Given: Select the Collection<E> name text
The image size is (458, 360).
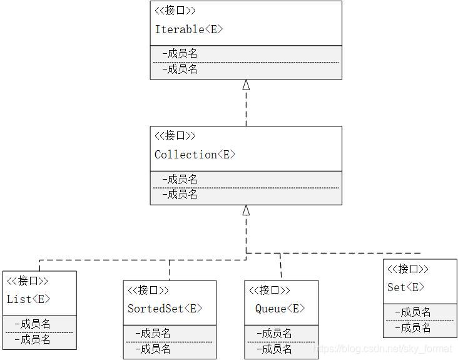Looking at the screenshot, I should point(195,155).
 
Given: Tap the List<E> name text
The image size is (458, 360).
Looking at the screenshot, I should point(28,299).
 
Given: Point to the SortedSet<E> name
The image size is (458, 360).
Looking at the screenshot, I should point(165,309).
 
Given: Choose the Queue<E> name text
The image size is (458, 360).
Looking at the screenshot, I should point(280,309).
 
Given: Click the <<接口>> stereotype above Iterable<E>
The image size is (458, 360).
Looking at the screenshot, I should point(175,11).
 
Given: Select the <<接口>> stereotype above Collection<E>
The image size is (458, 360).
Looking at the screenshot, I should point(175,136).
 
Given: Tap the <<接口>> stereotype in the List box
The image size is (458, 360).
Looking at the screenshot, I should point(27,280).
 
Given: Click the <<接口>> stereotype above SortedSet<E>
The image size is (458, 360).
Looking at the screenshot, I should point(148,291).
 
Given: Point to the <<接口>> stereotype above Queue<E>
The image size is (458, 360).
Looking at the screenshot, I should point(270,291).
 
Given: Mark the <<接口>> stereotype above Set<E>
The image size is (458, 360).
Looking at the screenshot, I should point(407,269).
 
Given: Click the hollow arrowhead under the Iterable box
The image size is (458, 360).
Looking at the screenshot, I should point(246,85).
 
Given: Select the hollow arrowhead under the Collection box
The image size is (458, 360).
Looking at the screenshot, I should point(246,210).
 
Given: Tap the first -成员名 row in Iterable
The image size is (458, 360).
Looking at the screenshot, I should point(180,54).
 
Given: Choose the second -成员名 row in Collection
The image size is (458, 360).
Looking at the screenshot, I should point(180,195).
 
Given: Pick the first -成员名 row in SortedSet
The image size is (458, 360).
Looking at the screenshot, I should point(153,334).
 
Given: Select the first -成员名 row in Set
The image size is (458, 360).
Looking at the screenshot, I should point(413,312).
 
